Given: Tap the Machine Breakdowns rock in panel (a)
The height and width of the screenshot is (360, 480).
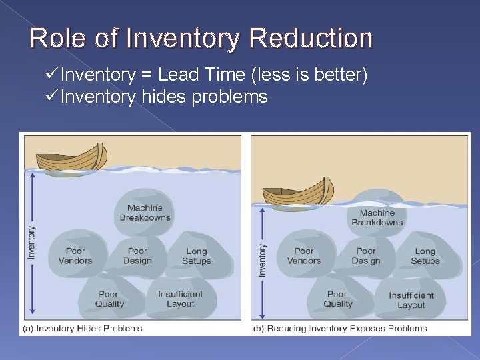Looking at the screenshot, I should [x=145, y=213].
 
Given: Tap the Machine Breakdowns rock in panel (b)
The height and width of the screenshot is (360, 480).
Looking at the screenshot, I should [x=377, y=217].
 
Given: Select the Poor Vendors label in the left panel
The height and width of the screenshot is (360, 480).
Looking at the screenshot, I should [x=75, y=256].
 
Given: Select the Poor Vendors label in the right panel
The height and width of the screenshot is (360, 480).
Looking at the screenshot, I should [x=304, y=256].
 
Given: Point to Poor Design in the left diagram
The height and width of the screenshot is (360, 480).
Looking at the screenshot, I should [x=137, y=256].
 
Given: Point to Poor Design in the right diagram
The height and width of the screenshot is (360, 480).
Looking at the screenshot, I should [x=366, y=256].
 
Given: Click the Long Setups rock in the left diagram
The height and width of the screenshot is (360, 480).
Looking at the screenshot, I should [x=196, y=256].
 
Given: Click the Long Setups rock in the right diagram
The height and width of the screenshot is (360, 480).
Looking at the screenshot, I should [x=425, y=256].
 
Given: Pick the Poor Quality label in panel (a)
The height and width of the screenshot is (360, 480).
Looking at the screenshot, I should [x=109, y=299].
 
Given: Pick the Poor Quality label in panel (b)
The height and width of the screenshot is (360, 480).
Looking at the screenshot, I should [x=338, y=299].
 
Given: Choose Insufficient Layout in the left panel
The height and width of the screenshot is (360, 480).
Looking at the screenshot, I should [x=180, y=299].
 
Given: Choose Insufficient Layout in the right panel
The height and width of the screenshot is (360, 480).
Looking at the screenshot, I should [x=411, y=300].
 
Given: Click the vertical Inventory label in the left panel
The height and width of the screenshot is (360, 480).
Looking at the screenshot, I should [x=31, y=243].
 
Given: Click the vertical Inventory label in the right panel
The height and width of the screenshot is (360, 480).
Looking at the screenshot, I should [x=263, y=260].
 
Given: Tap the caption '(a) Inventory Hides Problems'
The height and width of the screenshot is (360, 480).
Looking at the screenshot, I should [x=83, y=328].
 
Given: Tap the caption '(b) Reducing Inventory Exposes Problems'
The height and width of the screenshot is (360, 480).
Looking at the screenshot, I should [x=340, y=328].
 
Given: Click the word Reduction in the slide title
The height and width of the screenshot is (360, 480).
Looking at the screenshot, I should [x=311, y=38].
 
